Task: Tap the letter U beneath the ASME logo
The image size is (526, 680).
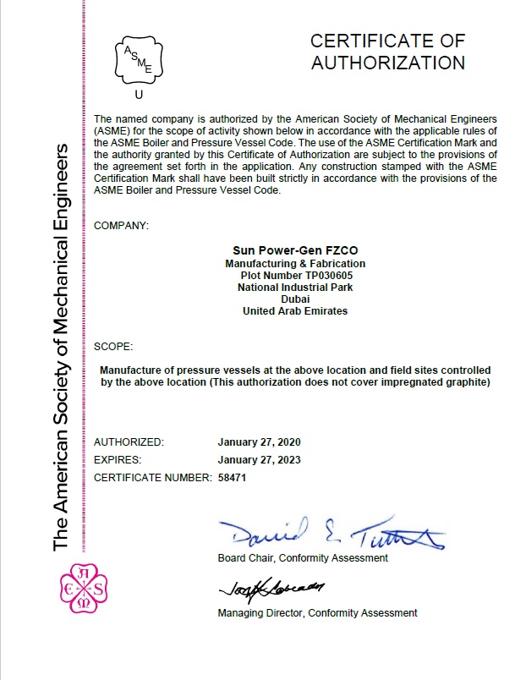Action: point(139,95)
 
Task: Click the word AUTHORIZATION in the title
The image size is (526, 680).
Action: point(387,63)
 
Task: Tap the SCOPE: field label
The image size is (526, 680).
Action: point(113,346)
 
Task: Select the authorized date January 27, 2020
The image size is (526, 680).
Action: point(259,442)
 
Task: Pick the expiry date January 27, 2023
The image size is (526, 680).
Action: point(259,460)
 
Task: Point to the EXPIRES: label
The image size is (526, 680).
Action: point(118,460)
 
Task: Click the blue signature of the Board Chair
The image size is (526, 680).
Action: point(330,533)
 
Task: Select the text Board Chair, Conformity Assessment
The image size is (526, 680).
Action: point(303,558)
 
